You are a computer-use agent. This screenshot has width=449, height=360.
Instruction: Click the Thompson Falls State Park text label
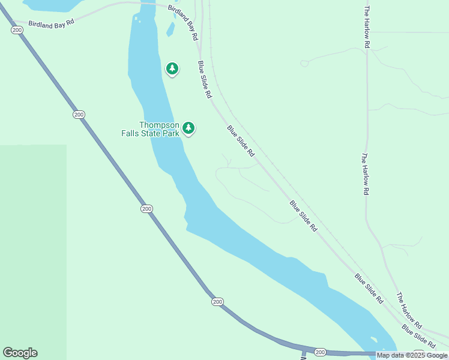point(159,129)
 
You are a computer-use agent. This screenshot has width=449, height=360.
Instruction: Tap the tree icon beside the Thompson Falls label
point(188,128)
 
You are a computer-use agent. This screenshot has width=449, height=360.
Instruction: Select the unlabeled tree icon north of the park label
point(172,69)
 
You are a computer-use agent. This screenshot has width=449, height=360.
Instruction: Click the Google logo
point(20,353)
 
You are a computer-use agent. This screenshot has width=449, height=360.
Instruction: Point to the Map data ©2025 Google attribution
point(412,355)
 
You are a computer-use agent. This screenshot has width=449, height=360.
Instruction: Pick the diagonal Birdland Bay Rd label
point(183,22)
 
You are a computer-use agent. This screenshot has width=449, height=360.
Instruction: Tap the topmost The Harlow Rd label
point(366,27)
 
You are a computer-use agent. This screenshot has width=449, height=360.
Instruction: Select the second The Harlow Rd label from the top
point(364,174)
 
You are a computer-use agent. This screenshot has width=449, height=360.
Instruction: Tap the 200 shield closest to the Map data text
point(320,352)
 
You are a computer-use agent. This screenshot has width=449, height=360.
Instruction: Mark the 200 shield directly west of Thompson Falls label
point(79,114)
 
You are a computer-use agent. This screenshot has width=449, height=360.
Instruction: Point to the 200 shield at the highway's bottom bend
point(217,301)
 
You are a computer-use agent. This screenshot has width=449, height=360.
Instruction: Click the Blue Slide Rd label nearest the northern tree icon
point(205,79)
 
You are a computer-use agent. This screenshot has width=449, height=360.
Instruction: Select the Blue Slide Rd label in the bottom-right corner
point(418,336)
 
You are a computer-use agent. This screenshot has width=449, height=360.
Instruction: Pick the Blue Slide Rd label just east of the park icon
point(241,141)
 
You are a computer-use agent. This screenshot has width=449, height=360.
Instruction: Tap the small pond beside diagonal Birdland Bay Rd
point(170,29)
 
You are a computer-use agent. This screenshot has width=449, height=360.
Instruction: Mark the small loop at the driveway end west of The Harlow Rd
point(304,63)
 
